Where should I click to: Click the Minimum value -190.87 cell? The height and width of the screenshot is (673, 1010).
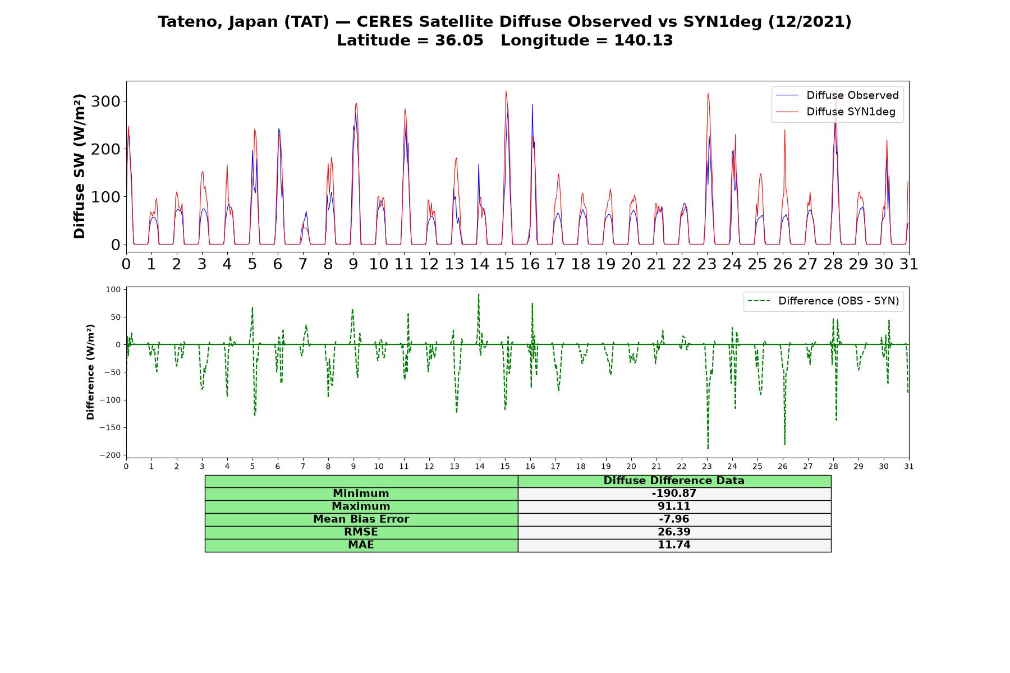coord(674,494)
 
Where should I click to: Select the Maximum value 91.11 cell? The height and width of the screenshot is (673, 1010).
coord(674,506)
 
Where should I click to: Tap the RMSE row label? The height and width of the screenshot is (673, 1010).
coord(361,532)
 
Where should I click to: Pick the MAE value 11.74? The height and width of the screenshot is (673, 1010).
coord(674,545)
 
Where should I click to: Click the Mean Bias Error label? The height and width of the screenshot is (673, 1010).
coord(361,519)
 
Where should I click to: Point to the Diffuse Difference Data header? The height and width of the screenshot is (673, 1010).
coord(674,481)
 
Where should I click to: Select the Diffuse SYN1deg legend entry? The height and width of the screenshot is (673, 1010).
coord(836,112)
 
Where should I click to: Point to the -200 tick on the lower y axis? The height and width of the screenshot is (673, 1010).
coord(111,455)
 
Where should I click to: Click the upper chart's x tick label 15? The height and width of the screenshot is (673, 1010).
coord(505,264)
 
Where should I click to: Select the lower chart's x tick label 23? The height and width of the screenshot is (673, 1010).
coord(707,466)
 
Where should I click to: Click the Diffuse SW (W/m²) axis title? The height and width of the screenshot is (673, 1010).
coord(79,167)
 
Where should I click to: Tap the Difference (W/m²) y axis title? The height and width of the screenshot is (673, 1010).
coord(90,372)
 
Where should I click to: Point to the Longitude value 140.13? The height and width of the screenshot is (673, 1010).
coord(644,40)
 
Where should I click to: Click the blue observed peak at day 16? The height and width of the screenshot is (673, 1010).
coord(532,104)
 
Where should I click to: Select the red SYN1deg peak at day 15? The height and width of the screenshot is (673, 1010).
coord(506,91)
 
